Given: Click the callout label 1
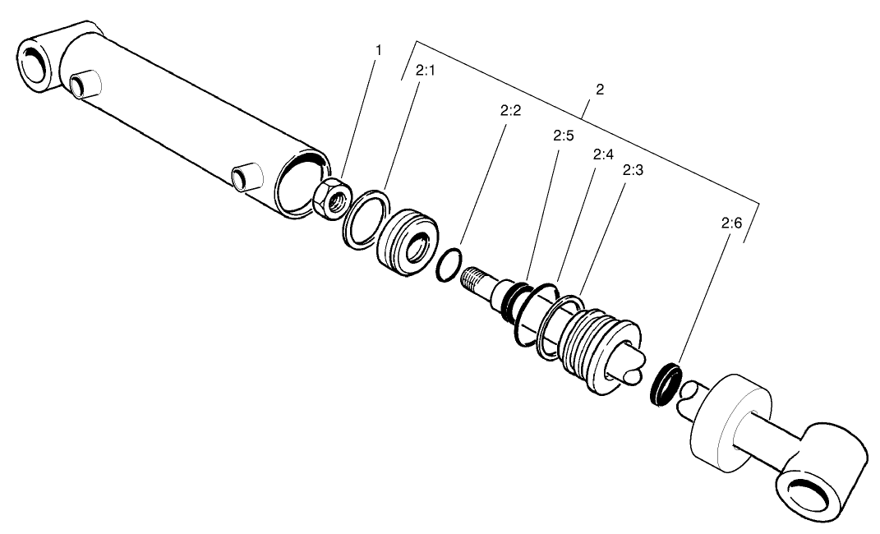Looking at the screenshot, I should coord(378,51).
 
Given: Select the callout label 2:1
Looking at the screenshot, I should coord(425,71).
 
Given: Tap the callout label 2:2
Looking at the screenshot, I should coord(510,111).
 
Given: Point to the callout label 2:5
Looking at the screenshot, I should coord(563,136).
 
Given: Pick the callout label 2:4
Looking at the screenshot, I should coord(602,154).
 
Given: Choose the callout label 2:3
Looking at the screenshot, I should coord(633,171).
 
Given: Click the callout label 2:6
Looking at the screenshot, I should coord(731,223).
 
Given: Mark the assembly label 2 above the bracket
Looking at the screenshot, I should coord(599,90).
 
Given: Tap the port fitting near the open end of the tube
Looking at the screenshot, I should coord(246,176).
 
